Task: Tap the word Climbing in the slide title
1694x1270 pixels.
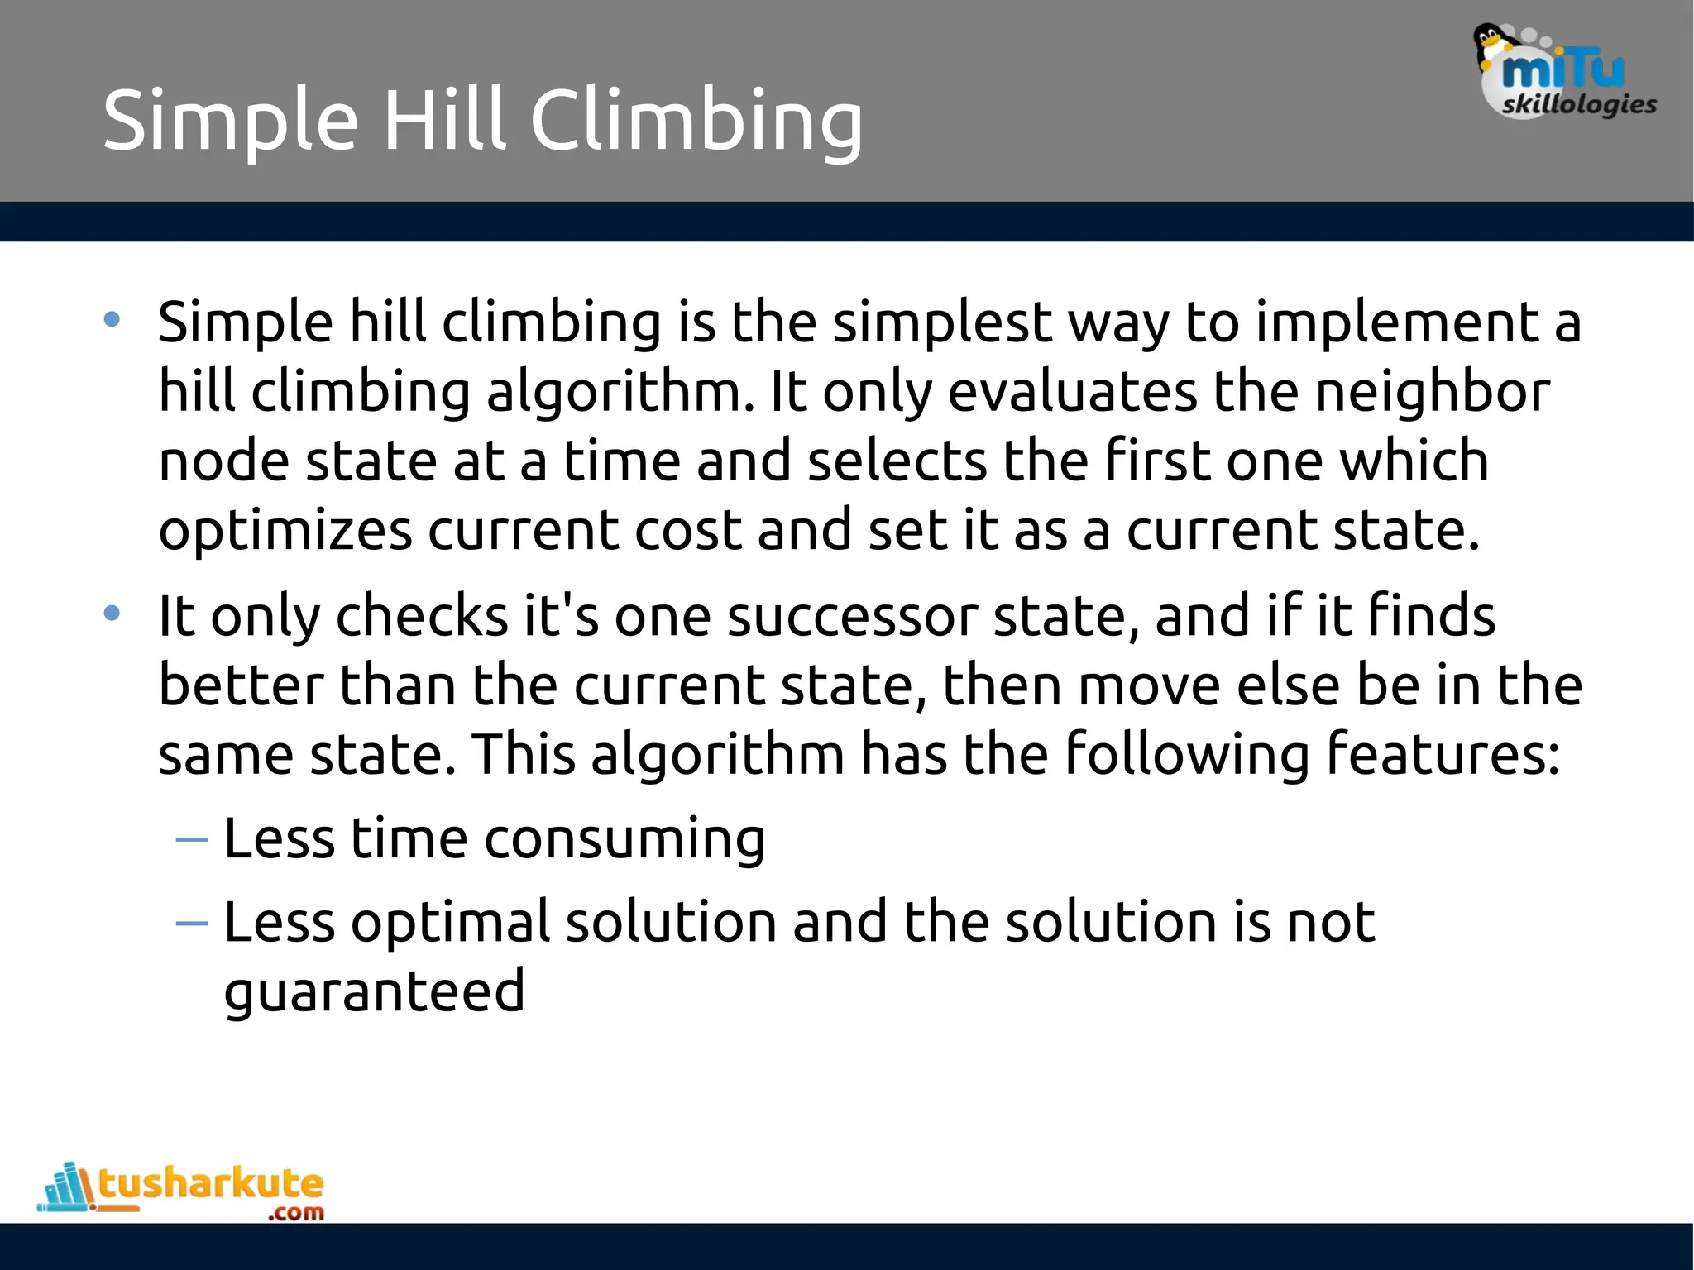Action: pos(696,122)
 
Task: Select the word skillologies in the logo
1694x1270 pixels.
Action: pos(1579,105)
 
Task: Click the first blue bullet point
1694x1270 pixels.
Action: pos(112,319)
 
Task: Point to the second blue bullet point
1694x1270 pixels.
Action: pos(112,614)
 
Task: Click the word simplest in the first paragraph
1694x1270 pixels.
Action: pos(942,322)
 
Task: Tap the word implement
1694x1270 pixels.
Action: pos(1396,322)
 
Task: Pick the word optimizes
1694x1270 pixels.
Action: pos(285,531)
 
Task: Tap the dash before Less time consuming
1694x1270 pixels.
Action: pos(192,840)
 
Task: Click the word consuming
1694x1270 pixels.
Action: pos(624,840)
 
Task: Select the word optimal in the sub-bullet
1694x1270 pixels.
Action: pos(450,923)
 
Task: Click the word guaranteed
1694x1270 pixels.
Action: pos(374,991)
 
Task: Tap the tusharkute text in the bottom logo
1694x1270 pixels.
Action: pos(211,1184)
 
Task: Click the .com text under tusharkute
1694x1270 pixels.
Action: pos(295,1213)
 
